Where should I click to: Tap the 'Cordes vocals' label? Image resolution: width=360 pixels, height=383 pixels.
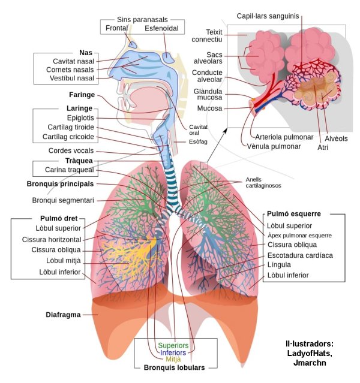(71, 150)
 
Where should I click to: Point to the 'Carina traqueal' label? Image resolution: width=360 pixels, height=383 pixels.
(69, 170)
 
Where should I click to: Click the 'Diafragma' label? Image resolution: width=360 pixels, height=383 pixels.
(63, 315)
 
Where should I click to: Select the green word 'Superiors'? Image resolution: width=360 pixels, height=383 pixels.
(173, 346)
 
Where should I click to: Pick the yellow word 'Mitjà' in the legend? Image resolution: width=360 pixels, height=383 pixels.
(173, 360)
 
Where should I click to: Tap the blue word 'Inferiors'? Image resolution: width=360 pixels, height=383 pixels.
(173, 353)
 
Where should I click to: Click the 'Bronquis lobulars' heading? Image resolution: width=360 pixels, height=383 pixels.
(174, 367)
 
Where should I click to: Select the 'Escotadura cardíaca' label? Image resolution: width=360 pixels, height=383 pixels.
(300, 255)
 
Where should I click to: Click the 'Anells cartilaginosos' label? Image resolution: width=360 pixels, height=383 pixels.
(263, 183)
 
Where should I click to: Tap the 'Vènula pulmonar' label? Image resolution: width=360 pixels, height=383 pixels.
(269, 146)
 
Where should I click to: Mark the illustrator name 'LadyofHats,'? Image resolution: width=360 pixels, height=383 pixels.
(309, 353)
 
